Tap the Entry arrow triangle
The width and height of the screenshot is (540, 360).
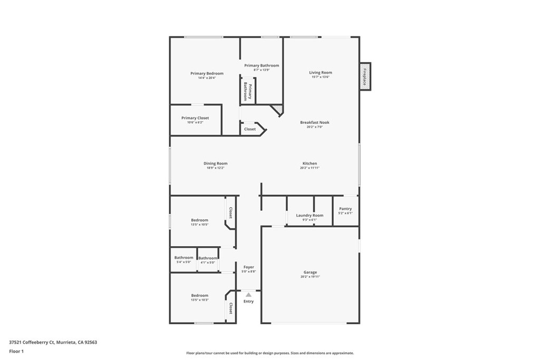(248, 295)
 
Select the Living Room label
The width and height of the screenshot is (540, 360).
(320, 73)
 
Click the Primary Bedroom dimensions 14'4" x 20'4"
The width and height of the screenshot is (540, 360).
(207, 78)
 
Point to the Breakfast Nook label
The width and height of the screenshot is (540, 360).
(314, 122)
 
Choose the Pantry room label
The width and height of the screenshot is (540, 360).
(345, 209)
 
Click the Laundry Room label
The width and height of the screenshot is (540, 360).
(310, 215)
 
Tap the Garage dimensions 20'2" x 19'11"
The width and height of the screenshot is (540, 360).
(310, 277)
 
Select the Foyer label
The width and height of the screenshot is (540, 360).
(249, 267)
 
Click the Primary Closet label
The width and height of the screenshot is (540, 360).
(195, 118)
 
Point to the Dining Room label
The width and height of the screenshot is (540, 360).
(215, 163)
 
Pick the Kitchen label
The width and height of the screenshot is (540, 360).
(310, 163)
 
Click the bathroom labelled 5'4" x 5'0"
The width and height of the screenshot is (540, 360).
(184, 258)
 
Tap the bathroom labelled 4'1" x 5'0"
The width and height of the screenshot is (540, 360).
(208, 258)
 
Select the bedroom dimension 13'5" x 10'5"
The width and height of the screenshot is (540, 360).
(199, 225)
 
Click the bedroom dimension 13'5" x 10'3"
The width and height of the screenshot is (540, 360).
(199, 300)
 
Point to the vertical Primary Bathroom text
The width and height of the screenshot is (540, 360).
(247, 92)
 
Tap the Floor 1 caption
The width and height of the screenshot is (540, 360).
(16, 351)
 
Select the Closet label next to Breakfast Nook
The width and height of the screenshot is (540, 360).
(250, 129)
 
